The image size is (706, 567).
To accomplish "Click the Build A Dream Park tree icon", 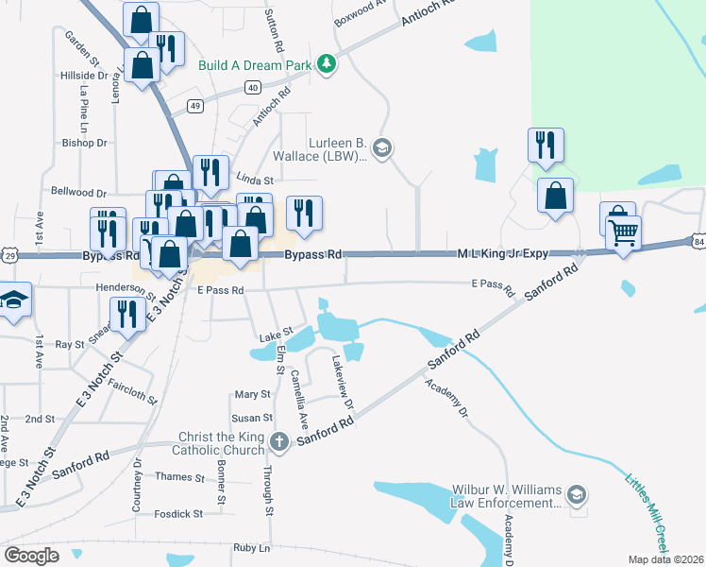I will pyautogui.click(x=327, y=63).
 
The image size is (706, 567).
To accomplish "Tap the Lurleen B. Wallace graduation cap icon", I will pyautogui.click(x=382, y=147).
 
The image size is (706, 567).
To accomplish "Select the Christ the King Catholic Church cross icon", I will pyautogui.click(x=279, y=441).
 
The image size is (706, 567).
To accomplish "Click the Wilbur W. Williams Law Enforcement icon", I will pyautogui.click(x=576, y=494).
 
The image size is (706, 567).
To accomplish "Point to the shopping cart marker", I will pyautogui.click(x=623, y=231).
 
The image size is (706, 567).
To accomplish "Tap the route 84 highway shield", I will pyautogui.click(x=698, y=243).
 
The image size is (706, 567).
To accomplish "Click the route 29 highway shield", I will pyautogui.click(x=8, y=256).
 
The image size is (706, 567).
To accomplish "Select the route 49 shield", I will pyautogui.click(x=195, y=106).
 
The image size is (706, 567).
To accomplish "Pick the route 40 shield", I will pyautogui.click(x=252, y=87).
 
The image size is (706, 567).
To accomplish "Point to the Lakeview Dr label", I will pyautogui.click(x=342, y=382).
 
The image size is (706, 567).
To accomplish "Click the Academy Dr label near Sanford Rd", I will pyautogui.click(x=446, y=399).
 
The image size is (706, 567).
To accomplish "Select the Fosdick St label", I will pyautogui.click(x=179, y=514).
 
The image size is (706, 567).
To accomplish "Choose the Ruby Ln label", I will pyautogui.click(x=251, y=548).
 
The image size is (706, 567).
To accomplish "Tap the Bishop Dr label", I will pyautogui.click(x=85, y=143).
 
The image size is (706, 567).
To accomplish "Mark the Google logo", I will pyautogui.click(x=31, y=556).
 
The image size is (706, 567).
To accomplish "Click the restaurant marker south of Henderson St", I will pyautogui.click(x=126, y=315).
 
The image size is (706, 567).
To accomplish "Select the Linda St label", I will pyautogui.click(x=254, y=180).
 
